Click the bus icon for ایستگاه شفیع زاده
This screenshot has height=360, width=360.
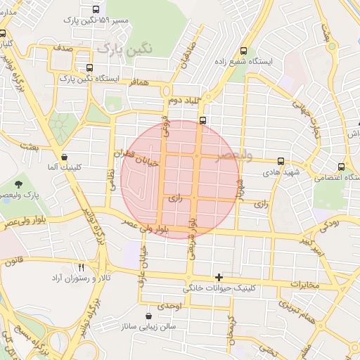tap(243, 51)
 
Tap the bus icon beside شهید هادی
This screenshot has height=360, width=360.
tap(281, 161)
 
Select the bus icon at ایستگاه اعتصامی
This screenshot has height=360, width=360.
tap(341, 167)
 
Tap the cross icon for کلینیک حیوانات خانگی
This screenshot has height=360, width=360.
tap(219, 277)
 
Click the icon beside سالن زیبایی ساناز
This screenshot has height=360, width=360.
tap(148, 317)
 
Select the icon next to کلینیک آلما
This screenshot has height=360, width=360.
tap(65, 157)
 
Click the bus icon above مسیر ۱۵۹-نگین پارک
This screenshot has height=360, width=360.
tap(96, 10)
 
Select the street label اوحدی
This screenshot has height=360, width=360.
tap(171, 307)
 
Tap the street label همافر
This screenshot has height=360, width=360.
tap(139, 82)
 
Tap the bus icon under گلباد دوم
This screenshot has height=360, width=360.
tap(202, 120)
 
